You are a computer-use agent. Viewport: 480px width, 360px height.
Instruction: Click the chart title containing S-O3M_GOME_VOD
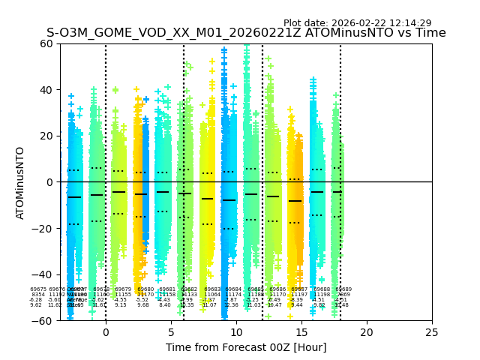246,33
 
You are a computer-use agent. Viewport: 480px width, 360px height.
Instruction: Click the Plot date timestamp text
357,23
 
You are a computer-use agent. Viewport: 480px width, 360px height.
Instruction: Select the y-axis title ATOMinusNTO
21,182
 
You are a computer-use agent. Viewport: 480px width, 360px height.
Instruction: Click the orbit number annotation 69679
123,289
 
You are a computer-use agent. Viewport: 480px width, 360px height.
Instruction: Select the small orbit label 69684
233,289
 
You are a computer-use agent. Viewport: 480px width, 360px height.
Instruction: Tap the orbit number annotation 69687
299,289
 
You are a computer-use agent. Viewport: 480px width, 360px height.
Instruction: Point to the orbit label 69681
167,289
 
